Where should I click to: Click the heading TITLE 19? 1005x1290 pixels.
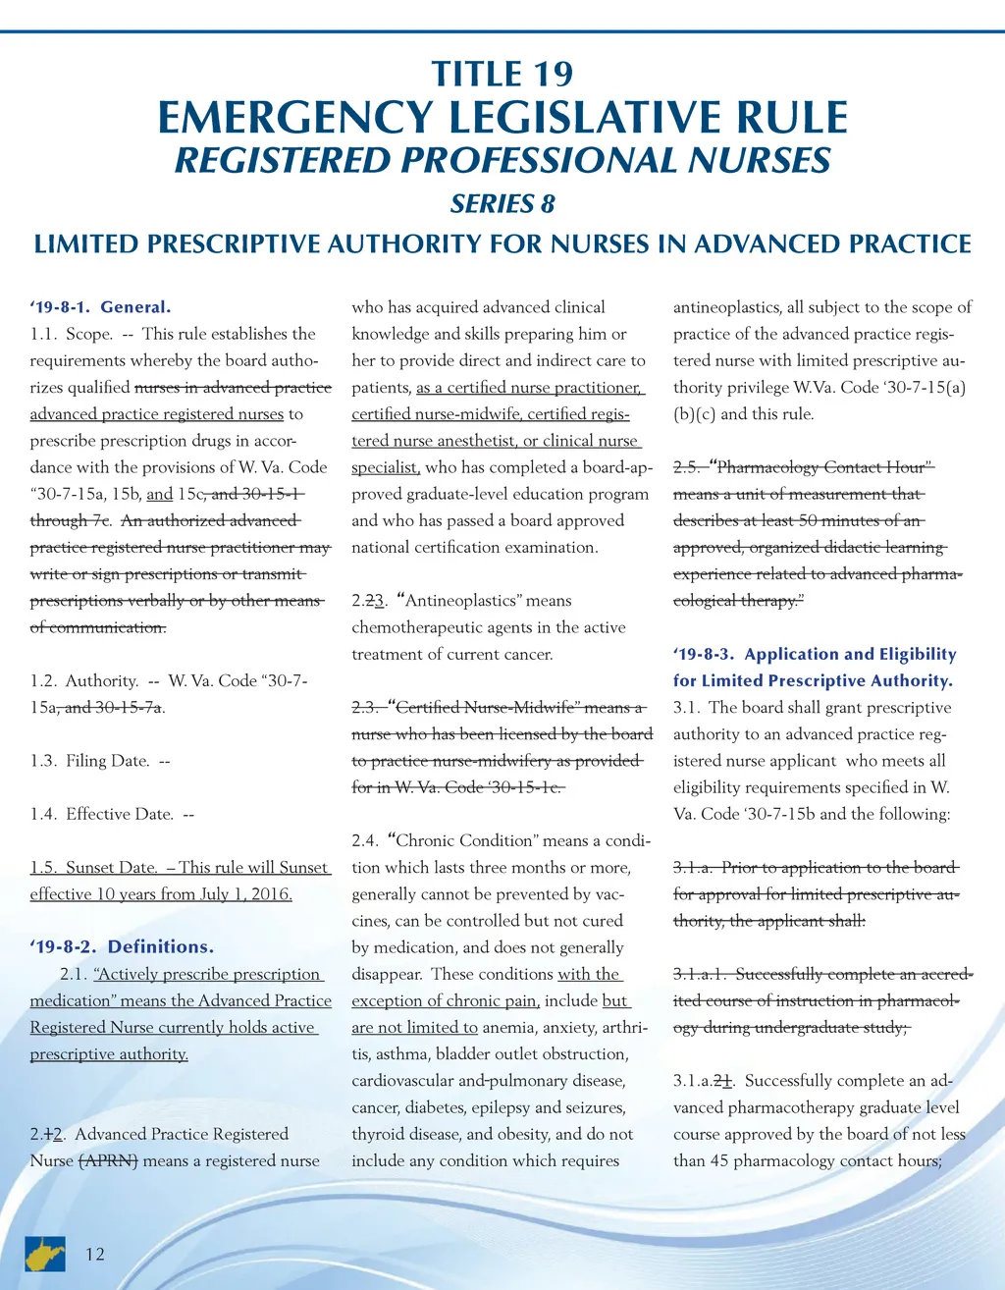pos(502,75)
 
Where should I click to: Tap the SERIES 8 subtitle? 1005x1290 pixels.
pos(502,204)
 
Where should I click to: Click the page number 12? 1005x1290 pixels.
pos(95,1254)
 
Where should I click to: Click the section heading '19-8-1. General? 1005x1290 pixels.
pos(100,307)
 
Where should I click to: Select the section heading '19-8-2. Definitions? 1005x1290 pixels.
pos(122,947)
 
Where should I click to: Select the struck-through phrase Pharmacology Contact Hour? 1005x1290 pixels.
pos(820,468)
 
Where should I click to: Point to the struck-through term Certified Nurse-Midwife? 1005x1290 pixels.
pos(489,708)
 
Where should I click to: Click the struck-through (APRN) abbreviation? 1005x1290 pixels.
pos(108,1161)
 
